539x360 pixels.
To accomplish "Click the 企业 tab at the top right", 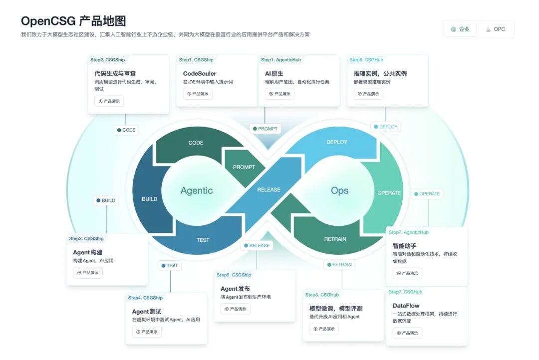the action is click(460, 29).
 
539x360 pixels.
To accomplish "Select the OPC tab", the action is click(496, 29).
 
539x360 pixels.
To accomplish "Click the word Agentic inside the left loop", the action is click(197, 190).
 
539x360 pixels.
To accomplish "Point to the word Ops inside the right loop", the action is click(340, 190).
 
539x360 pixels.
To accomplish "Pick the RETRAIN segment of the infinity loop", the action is click(335, 239).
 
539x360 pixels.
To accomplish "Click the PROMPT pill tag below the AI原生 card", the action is click(265, 129).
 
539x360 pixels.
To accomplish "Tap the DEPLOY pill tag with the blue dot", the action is click(386, 127).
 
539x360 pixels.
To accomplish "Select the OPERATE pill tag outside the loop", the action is click(427, 194).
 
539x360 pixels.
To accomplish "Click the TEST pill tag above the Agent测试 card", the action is click(170, 266).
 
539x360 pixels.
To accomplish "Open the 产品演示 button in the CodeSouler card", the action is click(198, 94).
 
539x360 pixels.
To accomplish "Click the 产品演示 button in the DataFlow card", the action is click(407, 333).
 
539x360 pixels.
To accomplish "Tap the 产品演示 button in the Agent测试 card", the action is click(147, 332).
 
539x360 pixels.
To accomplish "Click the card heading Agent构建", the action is click(88, 252).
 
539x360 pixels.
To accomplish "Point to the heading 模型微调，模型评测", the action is click(336, 309).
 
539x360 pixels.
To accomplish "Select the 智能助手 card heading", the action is click(405, 246).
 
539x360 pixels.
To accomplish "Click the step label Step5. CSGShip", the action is click(234, 275).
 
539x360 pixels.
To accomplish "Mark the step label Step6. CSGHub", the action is click(366, 60).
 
